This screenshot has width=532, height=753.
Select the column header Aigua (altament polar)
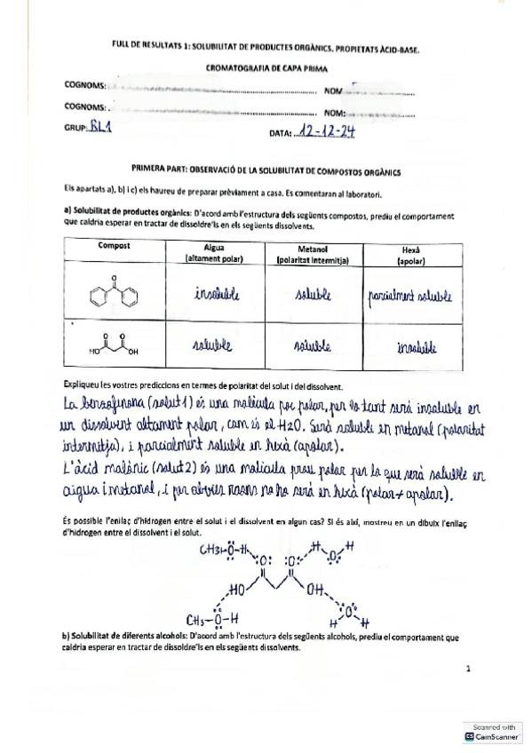click(x=214, y=252)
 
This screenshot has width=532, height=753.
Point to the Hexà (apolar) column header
click(x=409, y=252)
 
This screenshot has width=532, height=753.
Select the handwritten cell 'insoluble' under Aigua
click(x=216, y=294)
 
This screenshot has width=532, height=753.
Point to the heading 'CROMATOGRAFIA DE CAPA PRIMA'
click(x=266, y=67)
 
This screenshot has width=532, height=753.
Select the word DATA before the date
click(x=280, y=134)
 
